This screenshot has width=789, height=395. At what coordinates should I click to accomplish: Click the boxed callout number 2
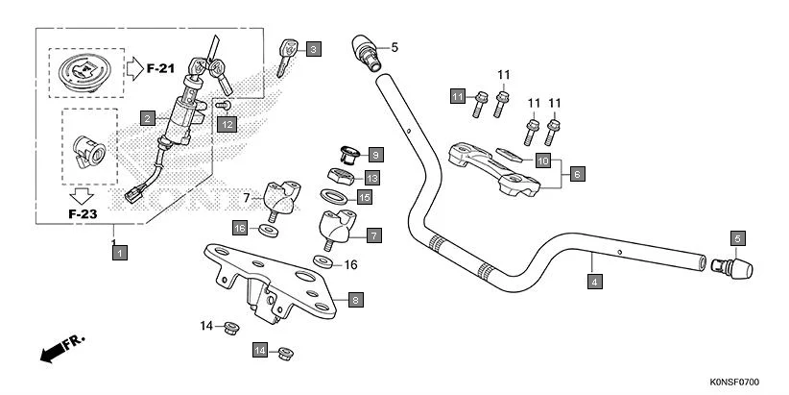(x=147, y=118)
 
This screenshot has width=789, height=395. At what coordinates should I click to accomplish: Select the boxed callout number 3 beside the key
(x=314, y=48)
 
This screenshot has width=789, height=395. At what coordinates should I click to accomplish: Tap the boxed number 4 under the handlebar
(x=594, y=282)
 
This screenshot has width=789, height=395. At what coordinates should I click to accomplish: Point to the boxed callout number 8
(x=355, y=301)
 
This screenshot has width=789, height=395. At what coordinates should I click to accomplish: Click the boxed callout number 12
(x=226, y=124)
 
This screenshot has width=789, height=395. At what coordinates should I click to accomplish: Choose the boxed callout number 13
(x=371, y=178)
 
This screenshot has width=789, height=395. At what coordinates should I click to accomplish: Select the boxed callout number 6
(x=577, y=175)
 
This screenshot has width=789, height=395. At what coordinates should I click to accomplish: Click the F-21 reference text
(x=160, y=68)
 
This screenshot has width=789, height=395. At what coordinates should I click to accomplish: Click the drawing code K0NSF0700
(x=739, y=383)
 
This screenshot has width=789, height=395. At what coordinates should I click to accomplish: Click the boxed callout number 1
(x=118, y=253)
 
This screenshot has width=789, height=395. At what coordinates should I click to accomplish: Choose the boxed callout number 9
(x=374, y=154)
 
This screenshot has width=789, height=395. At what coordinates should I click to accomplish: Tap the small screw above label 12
(x=224, y=105)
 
